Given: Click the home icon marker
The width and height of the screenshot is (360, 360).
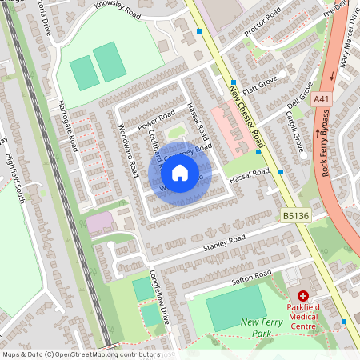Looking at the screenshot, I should tap(180, 173).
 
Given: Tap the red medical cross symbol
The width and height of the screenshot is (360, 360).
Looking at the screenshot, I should tap(303, 295).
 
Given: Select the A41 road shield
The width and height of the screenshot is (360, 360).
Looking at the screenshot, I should tap(322, 98).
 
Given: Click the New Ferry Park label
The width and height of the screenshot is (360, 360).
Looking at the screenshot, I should tap(262, 326).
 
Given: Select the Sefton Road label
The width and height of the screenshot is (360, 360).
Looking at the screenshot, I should tap(250, 278).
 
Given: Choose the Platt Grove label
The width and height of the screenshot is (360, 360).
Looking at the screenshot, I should tap(261, 86).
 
